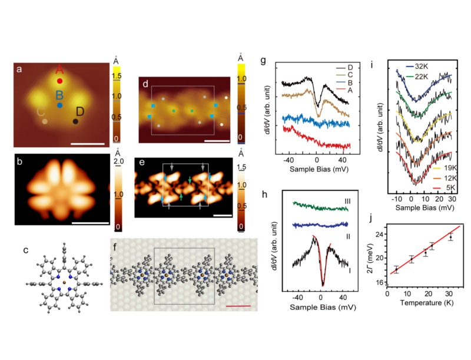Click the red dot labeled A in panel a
tap(59, 81)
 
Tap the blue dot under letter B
tap(59, 105)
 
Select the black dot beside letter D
tap(76, 121)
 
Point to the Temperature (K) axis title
tap(423, 302)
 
